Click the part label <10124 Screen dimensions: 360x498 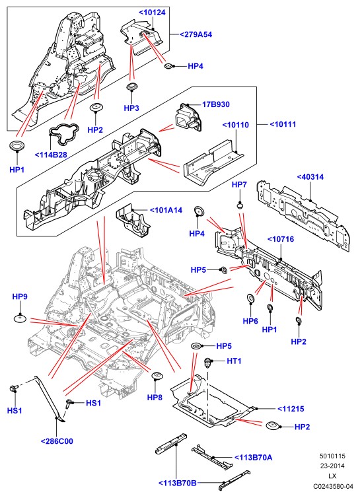click(x=152, y=13)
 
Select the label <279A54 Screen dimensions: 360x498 click(x=196, y=34)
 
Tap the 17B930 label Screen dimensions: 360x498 click(x=216, y=104)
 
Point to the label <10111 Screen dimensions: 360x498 click(x=283, y=124)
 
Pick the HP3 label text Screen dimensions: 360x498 click(x=131, y=108)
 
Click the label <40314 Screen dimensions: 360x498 click(x=310, y=177)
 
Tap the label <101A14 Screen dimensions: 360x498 click(x=166, y=210)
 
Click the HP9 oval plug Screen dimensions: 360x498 click(x=20, y=318)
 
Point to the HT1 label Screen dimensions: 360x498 click(x=234, y=361)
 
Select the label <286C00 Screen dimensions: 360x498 click(x=57, y=441)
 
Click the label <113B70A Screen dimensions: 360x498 click(x=253, y=457)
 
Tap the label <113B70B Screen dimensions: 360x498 click(x=177, y=483)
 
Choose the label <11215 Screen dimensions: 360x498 click(x=291, y=409)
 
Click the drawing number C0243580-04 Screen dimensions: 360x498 click(x=333, y=486)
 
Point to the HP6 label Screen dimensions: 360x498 click(x=250, y=321)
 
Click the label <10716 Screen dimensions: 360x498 click(x=281, y=239)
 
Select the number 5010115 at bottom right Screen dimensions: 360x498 click(x=332, y=456)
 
